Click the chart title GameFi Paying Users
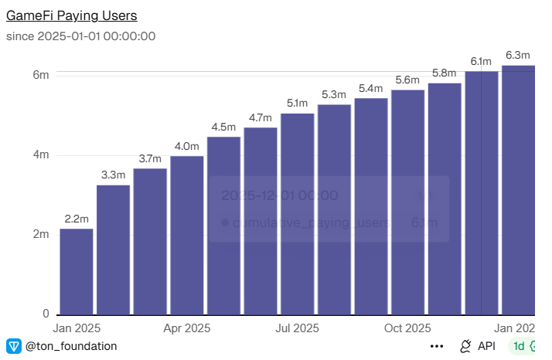point(73,15)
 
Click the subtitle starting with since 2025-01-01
point(81,36)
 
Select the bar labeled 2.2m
point(77,271)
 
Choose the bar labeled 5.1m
point(298,213)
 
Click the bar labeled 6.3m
point(518,190)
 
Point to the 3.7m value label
point(150,158)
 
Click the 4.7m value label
point(261,117)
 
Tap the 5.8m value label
point(444,73)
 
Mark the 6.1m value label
point(481,61)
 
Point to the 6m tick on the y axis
point(40,75)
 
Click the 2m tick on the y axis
point(40,234)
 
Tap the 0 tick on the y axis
point(46,314)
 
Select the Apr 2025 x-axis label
point(186,328)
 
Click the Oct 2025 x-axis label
point(407,328)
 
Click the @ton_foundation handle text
point(71,346)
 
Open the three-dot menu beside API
point(437,346)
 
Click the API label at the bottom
point(486,346)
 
